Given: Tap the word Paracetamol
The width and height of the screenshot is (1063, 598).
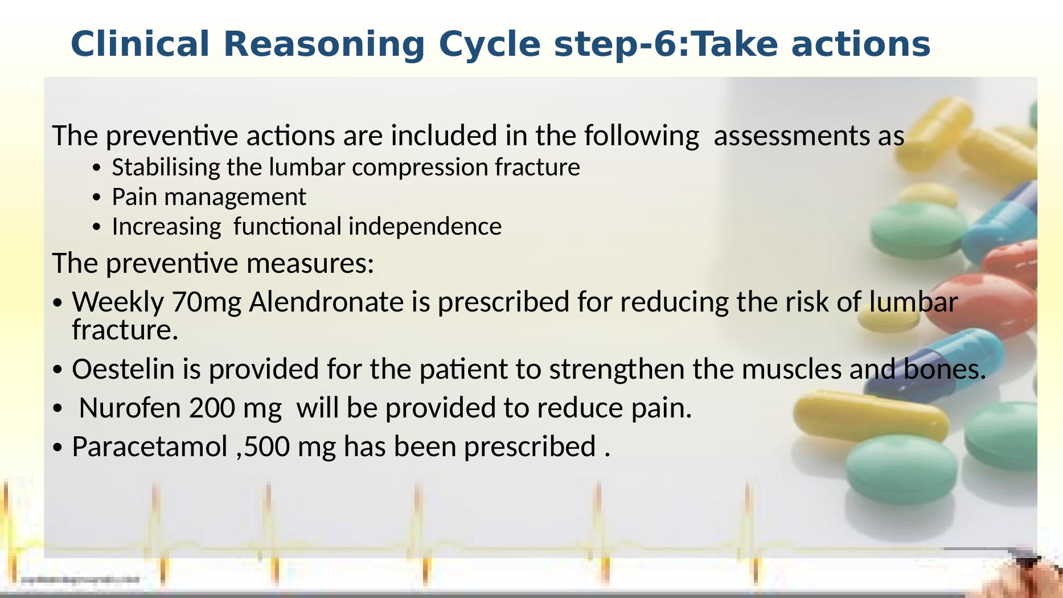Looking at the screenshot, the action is [150, 447].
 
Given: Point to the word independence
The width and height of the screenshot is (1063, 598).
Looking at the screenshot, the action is [425, 227].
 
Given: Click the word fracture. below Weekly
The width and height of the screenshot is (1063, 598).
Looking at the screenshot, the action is [125, 330].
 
